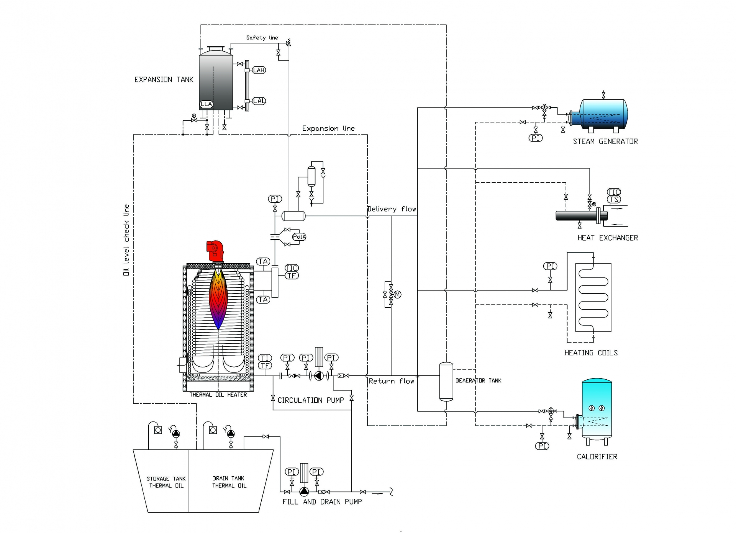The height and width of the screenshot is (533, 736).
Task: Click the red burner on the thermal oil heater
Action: [x=215, y=251]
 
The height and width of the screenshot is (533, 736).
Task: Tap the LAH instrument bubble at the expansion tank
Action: [x=259, y=70]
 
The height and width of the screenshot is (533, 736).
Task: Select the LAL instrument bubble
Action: [x=259, y=101]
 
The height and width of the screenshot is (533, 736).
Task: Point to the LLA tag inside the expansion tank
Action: [x=206, y=104]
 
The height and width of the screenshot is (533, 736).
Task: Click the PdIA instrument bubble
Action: [x=299, y=237]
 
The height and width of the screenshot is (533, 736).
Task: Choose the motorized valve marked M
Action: [x=397, y=295]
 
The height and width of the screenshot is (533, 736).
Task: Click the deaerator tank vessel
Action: [x=446, y=381]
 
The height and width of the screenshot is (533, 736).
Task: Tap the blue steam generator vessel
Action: [x=603, y=114]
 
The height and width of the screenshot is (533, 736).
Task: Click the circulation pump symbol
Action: [x=319, y=376]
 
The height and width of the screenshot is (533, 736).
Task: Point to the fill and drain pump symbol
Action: [x=304, y=492]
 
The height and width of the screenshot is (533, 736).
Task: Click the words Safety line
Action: [x=262, y=38]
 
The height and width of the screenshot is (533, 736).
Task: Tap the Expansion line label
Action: [x=328, y=128]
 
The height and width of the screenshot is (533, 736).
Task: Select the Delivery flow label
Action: [x=392, y=209]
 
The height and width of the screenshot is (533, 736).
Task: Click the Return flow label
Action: [x=391, y=381]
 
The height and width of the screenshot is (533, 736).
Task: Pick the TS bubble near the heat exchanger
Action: [x=614, y=199]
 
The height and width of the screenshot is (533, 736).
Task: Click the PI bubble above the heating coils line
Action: [x=550, y=266]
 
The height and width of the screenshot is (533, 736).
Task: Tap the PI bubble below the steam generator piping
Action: [x=536, y=138]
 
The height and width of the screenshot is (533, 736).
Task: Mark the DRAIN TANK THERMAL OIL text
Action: [x=229, y=482]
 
